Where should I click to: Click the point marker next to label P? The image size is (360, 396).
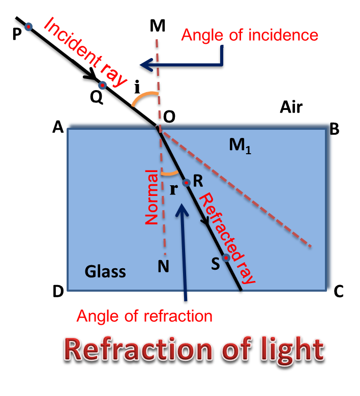tap(28, 26)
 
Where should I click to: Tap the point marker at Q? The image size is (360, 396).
tap(102, 85)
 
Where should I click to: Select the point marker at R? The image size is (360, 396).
tap(186, 182)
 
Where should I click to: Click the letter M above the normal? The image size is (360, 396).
tap(158, 26)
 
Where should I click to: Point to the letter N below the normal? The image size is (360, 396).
tap(163, 266)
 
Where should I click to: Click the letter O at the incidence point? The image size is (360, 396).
tap(169, 117)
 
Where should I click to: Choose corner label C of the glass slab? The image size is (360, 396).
tap(339, 292)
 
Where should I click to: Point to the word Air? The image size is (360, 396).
tap(291, 107)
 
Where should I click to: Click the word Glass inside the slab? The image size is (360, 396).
tap(105, 271)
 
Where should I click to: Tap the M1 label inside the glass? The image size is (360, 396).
tap(241, 146)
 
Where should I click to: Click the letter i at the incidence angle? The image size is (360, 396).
tap(136, 88)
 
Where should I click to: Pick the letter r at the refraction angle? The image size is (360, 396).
tap(173, 189)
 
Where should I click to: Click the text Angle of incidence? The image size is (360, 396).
tap(250, 35)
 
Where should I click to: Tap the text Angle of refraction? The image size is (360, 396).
tap(144, 316)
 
